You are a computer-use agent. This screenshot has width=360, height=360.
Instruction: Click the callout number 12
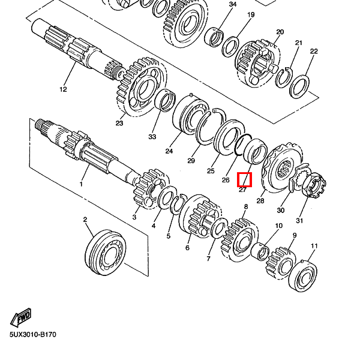coord(63,89)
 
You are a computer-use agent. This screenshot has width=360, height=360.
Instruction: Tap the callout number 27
coord(242,190)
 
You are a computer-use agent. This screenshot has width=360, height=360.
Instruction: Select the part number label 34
coord(233,4)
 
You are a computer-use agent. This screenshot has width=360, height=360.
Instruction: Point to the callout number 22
coord(314,51)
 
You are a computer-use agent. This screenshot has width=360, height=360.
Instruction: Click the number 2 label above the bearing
coord(85,220)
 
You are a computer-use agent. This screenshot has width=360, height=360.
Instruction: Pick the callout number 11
coord(314,246)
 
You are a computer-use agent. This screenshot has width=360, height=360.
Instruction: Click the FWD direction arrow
coord(20,317)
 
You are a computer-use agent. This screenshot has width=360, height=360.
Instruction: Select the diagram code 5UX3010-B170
coord(33,335)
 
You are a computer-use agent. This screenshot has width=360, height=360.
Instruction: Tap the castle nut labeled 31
coord(314,186)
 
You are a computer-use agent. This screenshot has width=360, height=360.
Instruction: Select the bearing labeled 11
coord(302,276)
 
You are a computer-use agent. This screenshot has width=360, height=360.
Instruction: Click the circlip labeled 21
coord(284,78)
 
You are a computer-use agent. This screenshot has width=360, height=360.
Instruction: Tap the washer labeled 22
coord(299,87)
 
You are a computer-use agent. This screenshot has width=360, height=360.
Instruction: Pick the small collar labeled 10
coord(260,251)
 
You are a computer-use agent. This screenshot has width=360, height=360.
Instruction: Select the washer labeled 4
coord(167,197)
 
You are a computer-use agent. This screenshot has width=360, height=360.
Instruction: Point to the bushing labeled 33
coord(165,101)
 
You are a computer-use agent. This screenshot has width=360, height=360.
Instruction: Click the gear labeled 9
coord(281,263)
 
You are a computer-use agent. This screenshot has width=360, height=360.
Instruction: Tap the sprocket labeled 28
coord(282,167)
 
